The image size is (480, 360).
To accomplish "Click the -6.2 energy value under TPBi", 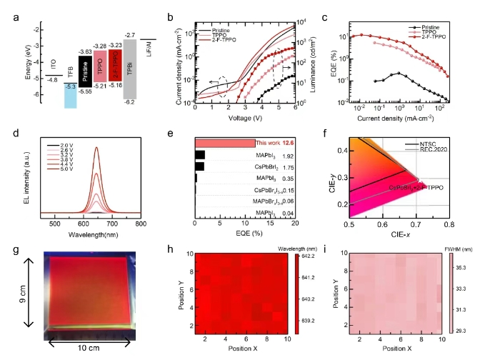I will click(x=130, y=103).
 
